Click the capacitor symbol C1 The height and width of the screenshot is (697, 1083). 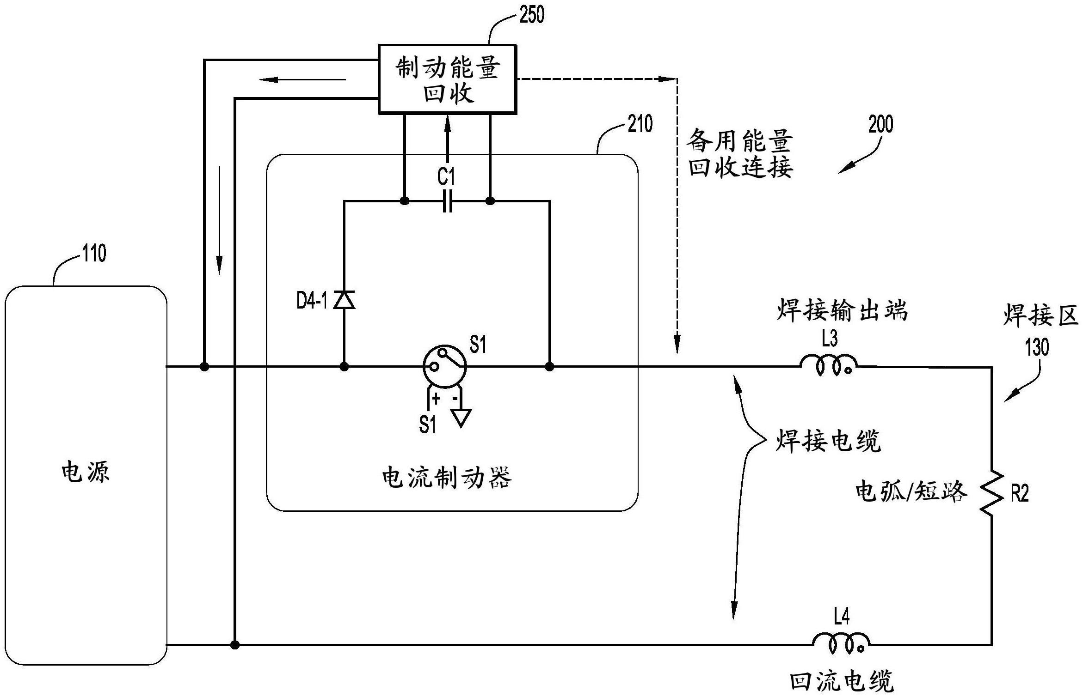click(447, 201)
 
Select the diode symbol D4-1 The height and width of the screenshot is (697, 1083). click(345, 300)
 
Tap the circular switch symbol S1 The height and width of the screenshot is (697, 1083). click(444, 366)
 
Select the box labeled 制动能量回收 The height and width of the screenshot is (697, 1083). click(447, 79)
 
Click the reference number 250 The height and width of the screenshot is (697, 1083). click(532, 15)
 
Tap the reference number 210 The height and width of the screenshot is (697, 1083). click(640, 124)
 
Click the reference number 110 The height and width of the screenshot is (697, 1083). click(94, 253)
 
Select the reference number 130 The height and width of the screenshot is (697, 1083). click(1037, 347)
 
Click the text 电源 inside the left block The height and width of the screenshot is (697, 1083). click(86, 472)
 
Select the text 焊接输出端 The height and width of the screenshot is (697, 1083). click(842, 310)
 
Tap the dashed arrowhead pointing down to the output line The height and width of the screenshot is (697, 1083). click(677, 344)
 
